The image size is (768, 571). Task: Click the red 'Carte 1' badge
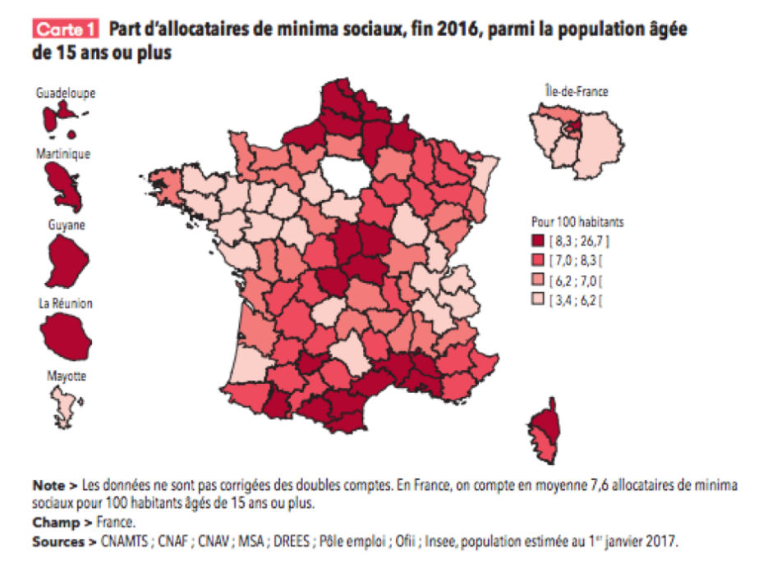click(x=66, y=30)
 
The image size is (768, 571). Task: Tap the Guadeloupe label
click(x=65, y=94)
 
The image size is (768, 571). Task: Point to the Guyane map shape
click(x=66, y=258)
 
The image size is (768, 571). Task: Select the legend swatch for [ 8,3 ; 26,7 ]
click(x=540, y=240)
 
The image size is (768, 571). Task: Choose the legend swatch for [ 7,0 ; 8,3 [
click(x=540, y=260)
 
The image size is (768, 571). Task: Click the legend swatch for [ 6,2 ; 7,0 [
click(x=540, y=280)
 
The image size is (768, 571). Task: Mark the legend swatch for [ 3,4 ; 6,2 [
click(x=540, y=299)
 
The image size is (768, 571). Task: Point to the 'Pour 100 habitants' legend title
click(x=577, y=222)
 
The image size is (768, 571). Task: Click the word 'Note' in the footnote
click(x=48, y=485)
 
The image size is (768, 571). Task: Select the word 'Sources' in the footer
click(x=57, y=541)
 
